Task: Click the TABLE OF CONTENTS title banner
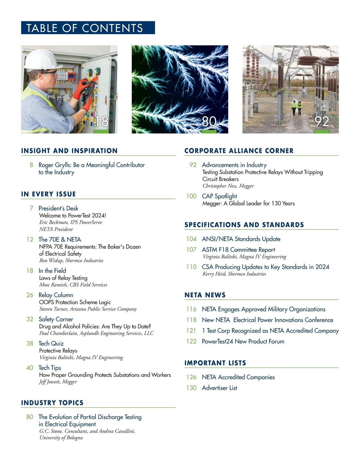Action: point(88,28)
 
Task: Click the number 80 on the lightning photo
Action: point(209,122)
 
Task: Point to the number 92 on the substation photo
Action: point(322,122)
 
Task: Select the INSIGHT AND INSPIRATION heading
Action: point(69,151)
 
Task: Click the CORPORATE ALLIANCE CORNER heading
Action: point(239,151)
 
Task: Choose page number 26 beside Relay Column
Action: point(30,295)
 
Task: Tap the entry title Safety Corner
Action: point(56,319)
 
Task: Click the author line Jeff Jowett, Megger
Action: point(58,382)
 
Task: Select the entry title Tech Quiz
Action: point(51,343)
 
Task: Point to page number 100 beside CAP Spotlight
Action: point(191,196)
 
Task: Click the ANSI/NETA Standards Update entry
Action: point(241,239)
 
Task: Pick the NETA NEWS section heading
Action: point(205,295)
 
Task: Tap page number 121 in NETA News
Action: point(191,331)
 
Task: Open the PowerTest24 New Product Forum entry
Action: point(243,341)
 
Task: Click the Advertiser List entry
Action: point(219,388)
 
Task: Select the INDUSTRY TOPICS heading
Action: point(52,403)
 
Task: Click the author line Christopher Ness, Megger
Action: point(228,186)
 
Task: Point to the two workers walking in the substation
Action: point(296,108)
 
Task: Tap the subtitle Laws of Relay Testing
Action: point(63,278)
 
